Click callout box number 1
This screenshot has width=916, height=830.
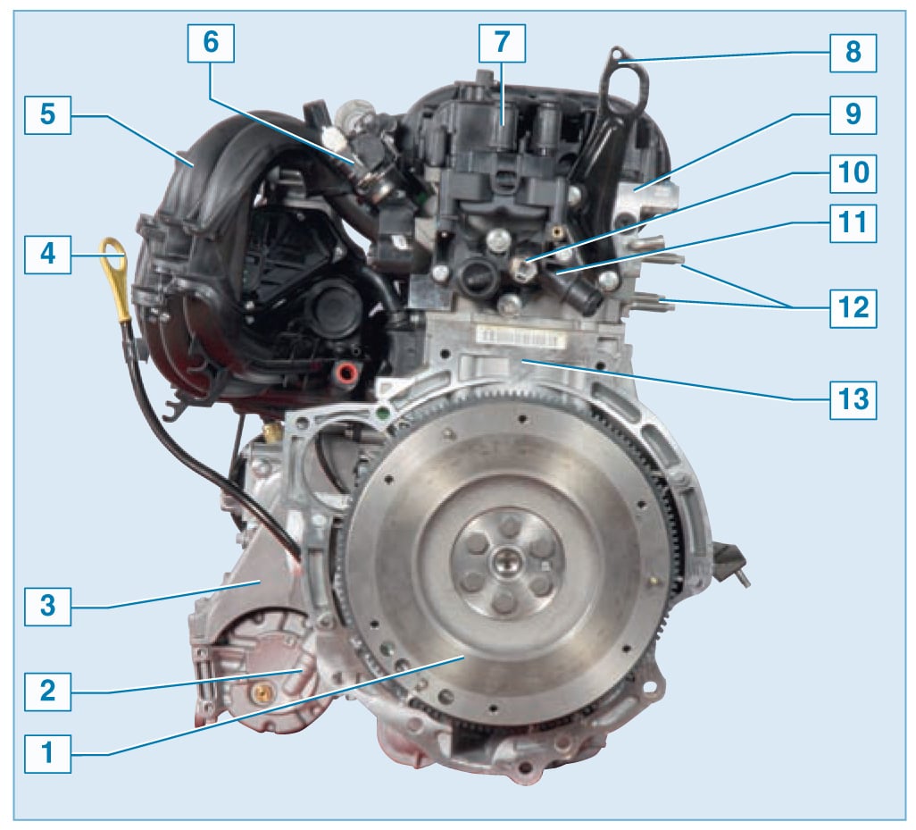[x=48, y=753]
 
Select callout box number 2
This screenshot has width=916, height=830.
[x=48, y=692]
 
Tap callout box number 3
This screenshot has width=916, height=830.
[x=48, y=606]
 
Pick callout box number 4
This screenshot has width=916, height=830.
[x=48, y=255]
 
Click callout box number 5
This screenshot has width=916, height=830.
[x=48, y=114]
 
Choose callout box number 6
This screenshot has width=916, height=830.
[x=211, y=43]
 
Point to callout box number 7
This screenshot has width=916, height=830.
[x=502, y=43]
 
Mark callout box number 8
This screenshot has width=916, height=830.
[x=853, y=53]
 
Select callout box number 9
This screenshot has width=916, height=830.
[x=853, y=114]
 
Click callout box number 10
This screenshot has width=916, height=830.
[x=853, y=173]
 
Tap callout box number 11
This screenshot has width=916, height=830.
[x=853, y=223]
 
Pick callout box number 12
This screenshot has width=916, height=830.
[x=853, y=308]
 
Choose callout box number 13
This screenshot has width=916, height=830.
[x=853, y=399]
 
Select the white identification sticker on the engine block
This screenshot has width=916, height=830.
[x=518, y=337]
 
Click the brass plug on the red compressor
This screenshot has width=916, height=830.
[x=261, y=694]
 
